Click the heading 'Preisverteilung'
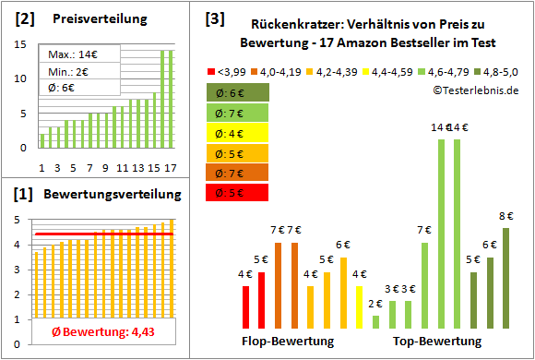(x=92, y=18)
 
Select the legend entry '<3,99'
(x=231, y=70)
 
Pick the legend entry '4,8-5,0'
(x=500, y=70)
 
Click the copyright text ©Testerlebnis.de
(x=475, y=90)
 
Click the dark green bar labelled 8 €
(x=505, y=278)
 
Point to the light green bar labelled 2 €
(x=375, y=322)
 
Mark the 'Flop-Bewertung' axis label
(x=288, y=342)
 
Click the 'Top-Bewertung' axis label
(x=437, y=342)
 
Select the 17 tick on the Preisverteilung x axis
(x=169, y=168)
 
